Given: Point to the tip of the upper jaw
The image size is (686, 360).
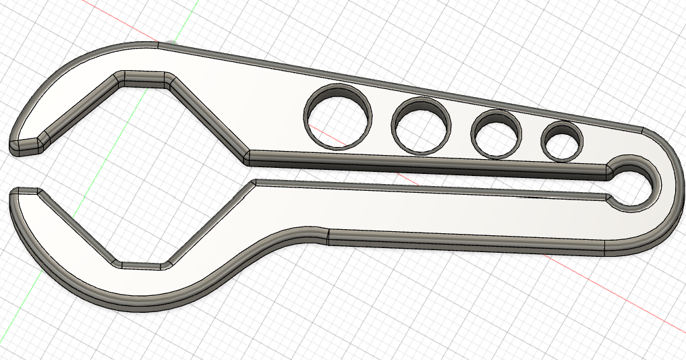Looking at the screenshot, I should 24,144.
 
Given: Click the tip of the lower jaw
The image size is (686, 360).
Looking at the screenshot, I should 24,192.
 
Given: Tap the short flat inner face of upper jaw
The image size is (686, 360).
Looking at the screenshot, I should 144,78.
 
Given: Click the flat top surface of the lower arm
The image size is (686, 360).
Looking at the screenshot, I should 438,216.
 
